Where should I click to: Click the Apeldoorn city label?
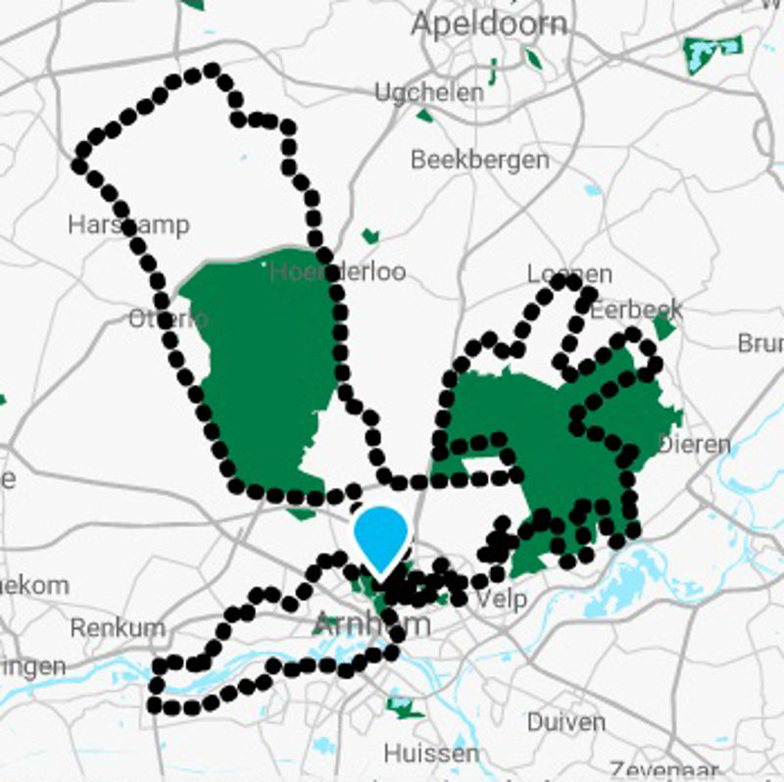click(x=488, y=24)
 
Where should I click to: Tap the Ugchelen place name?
click(x=429, y=93)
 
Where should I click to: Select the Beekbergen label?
click(x=479, y=159)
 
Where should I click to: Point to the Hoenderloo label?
click(x=337, y=271)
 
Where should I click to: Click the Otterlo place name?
click(x=168, y=318)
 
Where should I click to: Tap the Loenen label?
click(x=569, y=273)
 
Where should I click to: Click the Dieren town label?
click(x=694, y=444)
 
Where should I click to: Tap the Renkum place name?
click(x=118, y=627)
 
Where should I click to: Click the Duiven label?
click(x=565, y=722)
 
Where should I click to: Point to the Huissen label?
click(x=431, y=754)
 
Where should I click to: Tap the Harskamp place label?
click(x=127, y=224)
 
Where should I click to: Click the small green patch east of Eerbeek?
click(x=665, y=326)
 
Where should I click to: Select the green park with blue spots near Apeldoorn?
click(x=712, y=47)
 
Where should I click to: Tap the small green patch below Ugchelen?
click(x=424, y=116)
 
